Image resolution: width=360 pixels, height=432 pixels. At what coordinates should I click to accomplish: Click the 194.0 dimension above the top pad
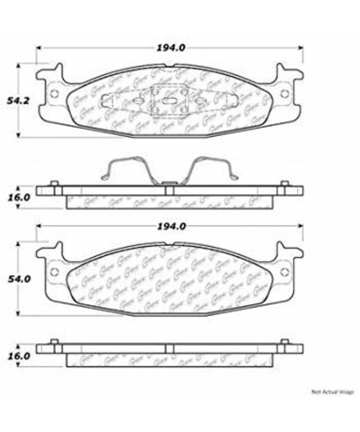[x=170, y=48]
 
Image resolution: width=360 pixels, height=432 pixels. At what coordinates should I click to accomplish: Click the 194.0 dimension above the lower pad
[x=170, y=226]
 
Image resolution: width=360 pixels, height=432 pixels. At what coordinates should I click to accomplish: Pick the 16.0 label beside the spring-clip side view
[x=19, y=197]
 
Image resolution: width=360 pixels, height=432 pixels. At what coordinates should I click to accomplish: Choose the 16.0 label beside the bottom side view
[x=19, y=356]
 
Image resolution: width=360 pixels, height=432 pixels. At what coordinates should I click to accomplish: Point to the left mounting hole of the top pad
[x=54, y=94]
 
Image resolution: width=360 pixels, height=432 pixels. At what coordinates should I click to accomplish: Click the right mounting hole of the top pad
[x=285, y=93]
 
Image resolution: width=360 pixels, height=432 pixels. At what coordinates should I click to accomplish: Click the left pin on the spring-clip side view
[x=54, y=184]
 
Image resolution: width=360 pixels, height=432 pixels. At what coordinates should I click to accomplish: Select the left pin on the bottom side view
[x=54, y=343]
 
